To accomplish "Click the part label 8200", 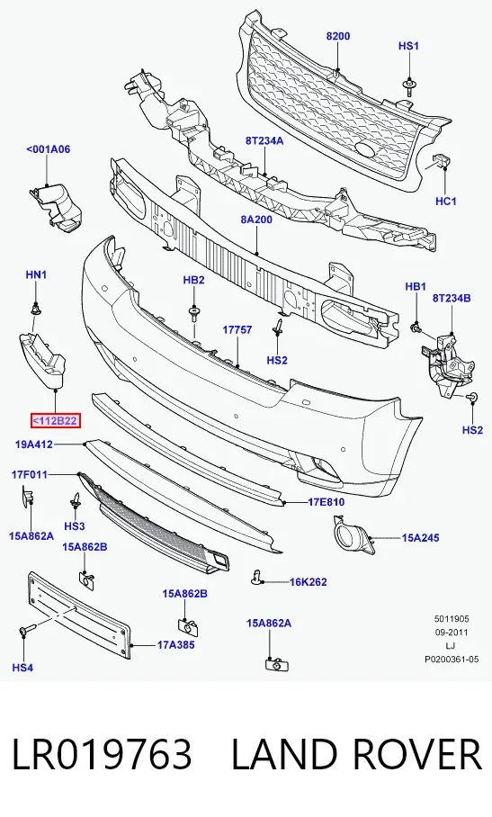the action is click(338, 36).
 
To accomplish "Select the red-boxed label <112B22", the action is click(56, 420).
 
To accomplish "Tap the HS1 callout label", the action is click(408, 46).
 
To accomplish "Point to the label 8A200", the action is click(256, 220).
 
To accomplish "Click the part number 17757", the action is click(237, 329).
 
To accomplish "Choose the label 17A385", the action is click(176, 644).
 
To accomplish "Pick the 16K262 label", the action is click(309, 581).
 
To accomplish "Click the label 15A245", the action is click(420, 537).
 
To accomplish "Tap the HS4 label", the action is click(22, 668).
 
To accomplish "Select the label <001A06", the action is click(48, 149).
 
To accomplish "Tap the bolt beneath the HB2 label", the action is click(194, 314).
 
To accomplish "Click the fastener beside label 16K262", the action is click(256, 578).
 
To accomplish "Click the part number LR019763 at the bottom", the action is click(102, 754).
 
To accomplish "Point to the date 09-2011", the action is click(452, 632).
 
